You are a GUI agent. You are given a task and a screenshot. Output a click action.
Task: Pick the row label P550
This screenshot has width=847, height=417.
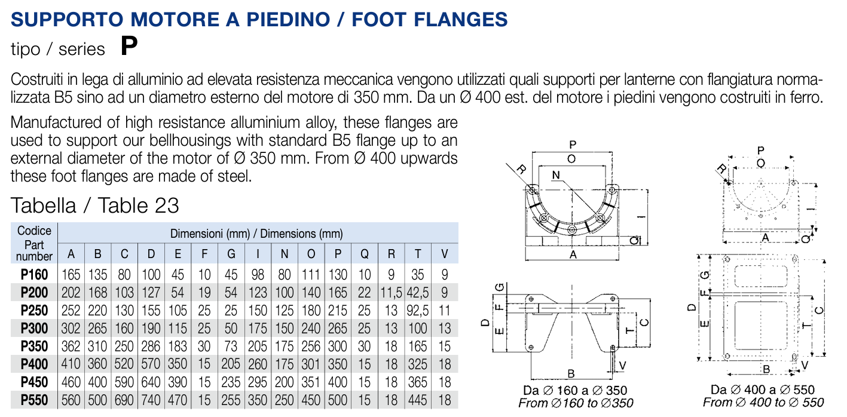(35, 400)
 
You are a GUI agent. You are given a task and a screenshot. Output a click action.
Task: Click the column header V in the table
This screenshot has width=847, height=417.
(444, 254)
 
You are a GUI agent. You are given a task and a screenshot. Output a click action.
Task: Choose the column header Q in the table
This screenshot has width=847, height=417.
(364, 254)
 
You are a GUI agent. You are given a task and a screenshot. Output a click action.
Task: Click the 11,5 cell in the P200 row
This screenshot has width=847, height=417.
(391, 293)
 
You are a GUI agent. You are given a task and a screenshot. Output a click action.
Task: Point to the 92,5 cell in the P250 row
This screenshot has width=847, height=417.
(418, 311)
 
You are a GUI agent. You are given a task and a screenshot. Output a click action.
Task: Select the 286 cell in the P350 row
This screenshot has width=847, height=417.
(151, 347)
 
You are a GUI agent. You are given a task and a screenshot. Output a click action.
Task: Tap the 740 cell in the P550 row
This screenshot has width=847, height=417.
(151, 400)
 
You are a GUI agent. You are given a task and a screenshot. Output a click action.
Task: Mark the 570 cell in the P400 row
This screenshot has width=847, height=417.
(151, 364)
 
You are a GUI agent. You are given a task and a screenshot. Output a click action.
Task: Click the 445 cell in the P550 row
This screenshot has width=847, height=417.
(418, 400)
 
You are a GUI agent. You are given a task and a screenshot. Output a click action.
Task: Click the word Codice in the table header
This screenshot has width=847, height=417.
(35, 231)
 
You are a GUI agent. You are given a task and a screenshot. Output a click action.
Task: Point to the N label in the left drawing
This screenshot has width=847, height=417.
(556, 176)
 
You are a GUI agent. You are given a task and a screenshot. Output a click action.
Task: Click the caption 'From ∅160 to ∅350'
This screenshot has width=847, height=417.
(576, 403)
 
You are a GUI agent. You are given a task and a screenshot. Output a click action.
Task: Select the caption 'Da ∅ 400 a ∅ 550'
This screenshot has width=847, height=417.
(763, 390)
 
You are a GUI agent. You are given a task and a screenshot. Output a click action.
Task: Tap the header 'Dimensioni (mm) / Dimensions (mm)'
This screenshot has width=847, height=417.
(257, 234)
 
